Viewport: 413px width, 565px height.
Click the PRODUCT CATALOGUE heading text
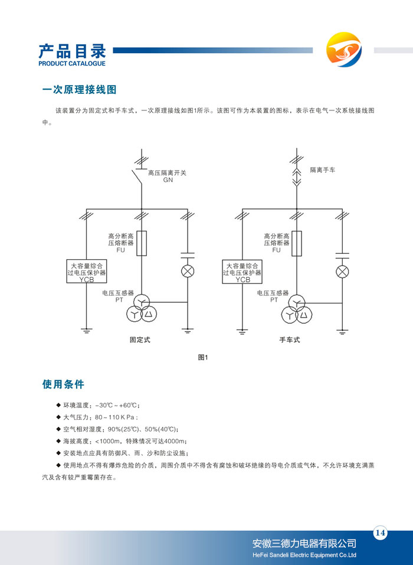(71, 63)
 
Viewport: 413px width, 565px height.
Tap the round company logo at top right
(344, 49)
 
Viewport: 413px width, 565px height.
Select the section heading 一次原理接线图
(79, 90)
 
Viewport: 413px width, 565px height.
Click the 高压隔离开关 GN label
(167, 176)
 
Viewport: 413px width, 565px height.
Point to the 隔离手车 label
(323, 170)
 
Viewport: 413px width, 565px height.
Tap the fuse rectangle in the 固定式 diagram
(142, 243)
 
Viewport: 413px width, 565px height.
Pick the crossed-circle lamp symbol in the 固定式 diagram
(187, 272)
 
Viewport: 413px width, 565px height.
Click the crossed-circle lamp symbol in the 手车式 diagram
(342, 272)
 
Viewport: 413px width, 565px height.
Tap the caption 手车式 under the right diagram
(290, 340)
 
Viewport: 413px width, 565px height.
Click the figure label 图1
(204, 357)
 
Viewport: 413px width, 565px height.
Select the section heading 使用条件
(63, 384)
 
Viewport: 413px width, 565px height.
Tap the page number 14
(380, 533)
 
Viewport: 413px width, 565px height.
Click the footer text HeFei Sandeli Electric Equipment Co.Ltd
(304, 555)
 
